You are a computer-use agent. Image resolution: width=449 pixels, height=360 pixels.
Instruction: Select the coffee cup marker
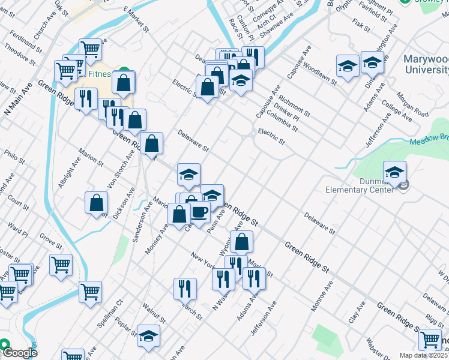coord(200,212)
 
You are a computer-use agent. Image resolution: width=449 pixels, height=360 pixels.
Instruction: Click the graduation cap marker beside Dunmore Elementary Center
coord(394,172)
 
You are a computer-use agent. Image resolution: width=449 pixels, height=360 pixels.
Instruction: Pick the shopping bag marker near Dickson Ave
coord(96,203)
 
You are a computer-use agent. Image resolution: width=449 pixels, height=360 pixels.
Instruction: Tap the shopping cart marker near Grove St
coord(61,264)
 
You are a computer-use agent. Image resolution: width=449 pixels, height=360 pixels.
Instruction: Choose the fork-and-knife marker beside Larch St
coord(185,289)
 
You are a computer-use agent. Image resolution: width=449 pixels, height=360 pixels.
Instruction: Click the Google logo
coord(19,353)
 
